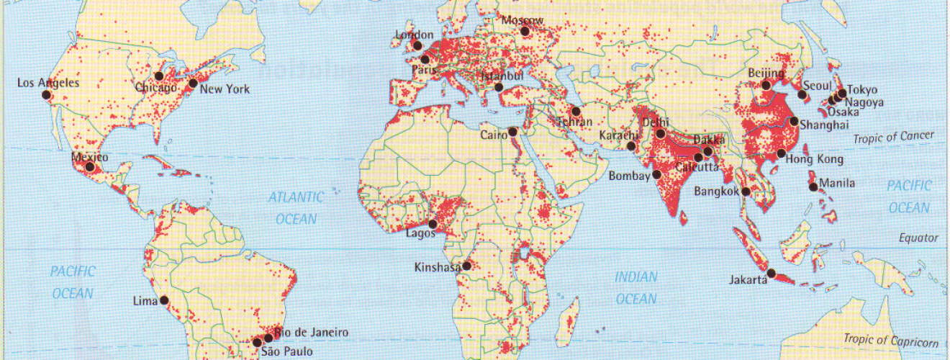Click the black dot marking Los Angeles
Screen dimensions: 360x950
[46, 94]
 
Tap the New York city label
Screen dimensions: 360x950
[225, 89]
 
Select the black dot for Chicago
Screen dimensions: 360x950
[159, 76]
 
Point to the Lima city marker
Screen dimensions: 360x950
[164, 300]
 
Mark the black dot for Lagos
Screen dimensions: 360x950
[433, 225]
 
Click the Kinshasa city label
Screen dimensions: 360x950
[438, 267]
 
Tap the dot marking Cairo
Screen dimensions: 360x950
[512, 132]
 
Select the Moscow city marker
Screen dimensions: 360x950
[525, 32]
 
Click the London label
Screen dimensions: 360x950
[415, 35]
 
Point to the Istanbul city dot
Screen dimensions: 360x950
[499, 88]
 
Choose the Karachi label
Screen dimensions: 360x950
[618, 136]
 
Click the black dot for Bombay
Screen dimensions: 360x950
[657, 174]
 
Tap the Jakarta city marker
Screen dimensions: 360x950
[772, 273]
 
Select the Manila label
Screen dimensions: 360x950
[837, 184]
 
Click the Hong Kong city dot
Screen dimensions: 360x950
[782, 153]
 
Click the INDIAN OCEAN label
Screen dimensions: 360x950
[636, 287]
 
